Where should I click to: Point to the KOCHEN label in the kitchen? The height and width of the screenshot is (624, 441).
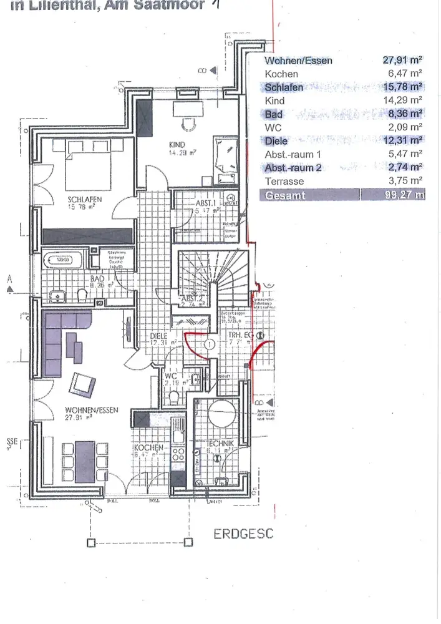[x=148, y=448]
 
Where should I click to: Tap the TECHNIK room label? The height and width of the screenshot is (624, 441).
[x=221, y=443]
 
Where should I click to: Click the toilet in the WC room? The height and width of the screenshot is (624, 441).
[x=174, y=396]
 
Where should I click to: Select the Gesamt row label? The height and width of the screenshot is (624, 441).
[x=284, y=195]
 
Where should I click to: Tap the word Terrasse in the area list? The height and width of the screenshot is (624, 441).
[x=284, y=181]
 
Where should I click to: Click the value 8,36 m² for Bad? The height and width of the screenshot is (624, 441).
[x=402, y=114]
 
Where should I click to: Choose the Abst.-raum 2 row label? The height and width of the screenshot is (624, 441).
[x=293, y=167]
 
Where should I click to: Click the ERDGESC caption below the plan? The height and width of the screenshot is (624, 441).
[x=243, y=535]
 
